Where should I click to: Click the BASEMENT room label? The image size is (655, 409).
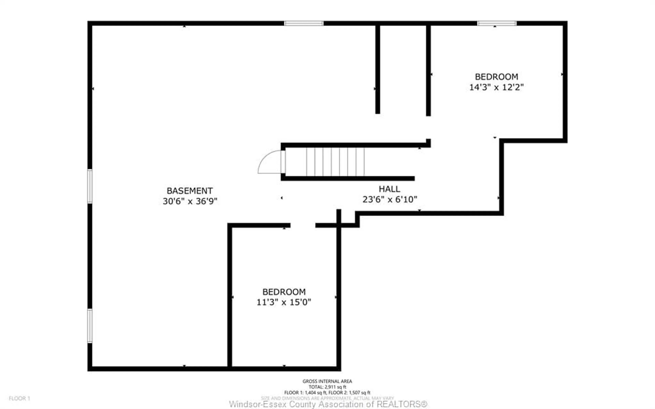click(x=190, y=191)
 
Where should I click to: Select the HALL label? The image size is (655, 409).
click(x=389, y=189)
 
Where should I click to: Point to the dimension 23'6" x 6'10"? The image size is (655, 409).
click(x=390, y=200)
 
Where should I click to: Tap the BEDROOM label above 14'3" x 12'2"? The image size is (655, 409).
click(x=496, y=77)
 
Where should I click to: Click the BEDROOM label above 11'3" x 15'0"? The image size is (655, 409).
click(x=284, y=292)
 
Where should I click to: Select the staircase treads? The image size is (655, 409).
click(x=335, y=162)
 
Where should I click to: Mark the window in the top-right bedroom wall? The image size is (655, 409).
click(x=497, y=23)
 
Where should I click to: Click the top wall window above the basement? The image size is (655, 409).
click(x=304, y=23)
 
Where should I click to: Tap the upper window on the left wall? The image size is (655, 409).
click(x=90, y=186)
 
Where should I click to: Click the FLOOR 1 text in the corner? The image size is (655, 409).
click(x=19, y=398)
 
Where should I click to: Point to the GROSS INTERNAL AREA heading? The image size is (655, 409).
click(x=327, y=381)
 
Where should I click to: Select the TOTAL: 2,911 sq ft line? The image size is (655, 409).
click(x=327, y=387)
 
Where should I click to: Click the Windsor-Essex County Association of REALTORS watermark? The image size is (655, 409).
click(x=328, y=404)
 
